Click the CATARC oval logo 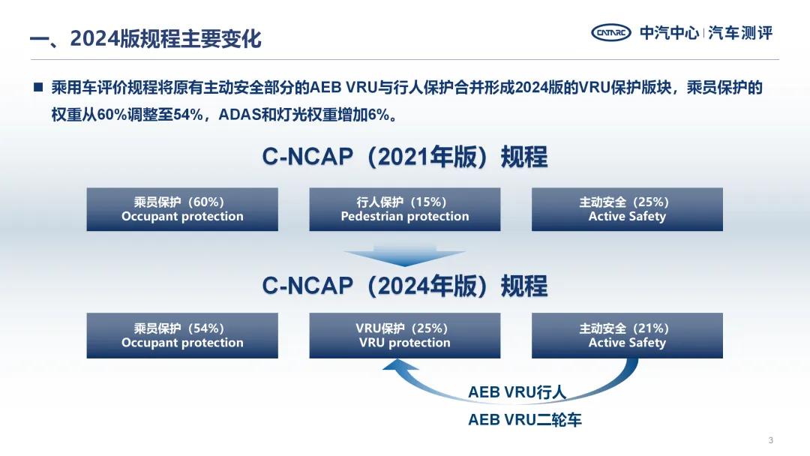(611, 32)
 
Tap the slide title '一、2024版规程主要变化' (145, 39)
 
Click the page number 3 (771, 440)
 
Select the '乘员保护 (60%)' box (182, 209)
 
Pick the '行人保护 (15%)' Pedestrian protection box (405, 209)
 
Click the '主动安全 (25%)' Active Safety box (627, 209)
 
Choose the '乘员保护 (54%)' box (182, 335)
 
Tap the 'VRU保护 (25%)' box (405, 335)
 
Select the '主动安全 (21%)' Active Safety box (627, 335)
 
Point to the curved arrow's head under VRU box (399, 365)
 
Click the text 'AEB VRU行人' (517, 392)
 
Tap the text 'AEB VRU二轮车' (525, 420)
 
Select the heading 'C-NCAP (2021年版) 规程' (405, 157)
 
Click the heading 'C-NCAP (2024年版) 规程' (405, 286)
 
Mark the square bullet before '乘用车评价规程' (38, 87)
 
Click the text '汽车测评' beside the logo (740, 32)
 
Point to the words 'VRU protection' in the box (405, 343)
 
